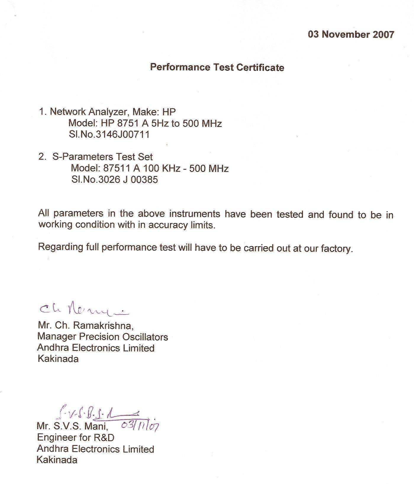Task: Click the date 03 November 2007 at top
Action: point(351,34)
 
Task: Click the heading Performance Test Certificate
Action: point(217,67)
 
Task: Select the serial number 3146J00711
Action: point(122,135)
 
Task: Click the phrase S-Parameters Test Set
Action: point(102,157)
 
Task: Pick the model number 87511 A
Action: point(121,168)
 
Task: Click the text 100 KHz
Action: point(162,168)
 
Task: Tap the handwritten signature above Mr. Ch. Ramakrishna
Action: point(83,310)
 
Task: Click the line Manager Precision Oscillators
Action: point(102,337)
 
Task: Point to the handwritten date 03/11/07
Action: point(140,425)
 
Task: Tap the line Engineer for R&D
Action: point(75,437)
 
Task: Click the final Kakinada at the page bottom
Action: point(57,460)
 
